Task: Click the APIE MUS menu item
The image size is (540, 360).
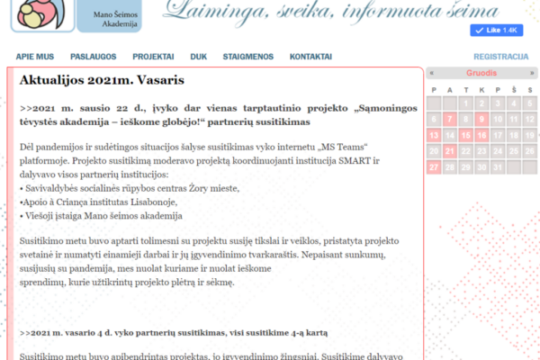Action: [34, 57]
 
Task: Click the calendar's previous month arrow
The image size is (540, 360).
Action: [433, 73]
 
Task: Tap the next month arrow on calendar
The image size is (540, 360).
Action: [532, 73]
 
